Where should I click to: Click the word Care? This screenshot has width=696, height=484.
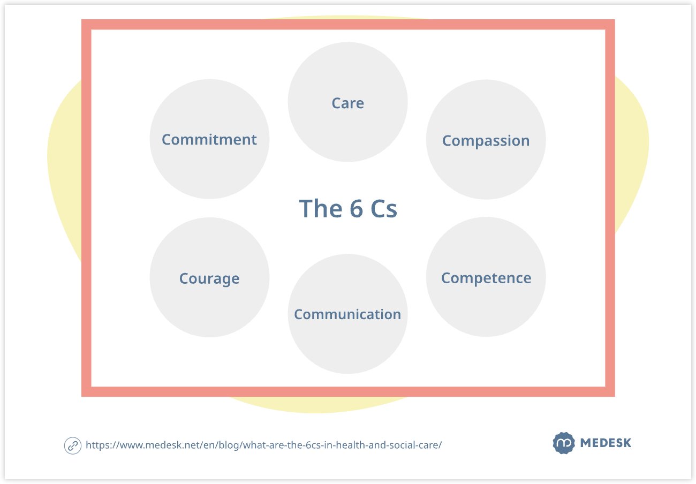[x=347, y=103]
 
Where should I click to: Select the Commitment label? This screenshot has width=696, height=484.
[x=209, y=140]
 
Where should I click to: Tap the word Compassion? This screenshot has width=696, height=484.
[x=486, y=141]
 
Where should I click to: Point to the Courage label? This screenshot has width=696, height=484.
[x=209, y=278]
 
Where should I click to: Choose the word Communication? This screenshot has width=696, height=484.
[x=347, y=314]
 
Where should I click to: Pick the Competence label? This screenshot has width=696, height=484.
[x=486, y=278]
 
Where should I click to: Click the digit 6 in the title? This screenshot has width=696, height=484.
[x=357, y=208]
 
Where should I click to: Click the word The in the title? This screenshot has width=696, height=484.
[x=321, y=208]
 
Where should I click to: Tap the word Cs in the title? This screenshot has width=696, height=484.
[x=384, y=208]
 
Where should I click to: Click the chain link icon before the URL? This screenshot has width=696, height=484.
[x=73, y=446]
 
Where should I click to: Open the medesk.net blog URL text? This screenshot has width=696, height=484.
[x=263, y=445]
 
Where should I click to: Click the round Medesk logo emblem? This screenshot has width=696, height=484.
[x=564, y=443]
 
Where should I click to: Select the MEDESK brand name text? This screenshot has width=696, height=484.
[x=606, y=443]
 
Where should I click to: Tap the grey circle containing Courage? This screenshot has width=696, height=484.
[x=209, y=311]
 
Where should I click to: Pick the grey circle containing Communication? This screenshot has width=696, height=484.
[x=347, y=345]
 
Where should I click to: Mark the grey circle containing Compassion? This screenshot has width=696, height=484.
[x=486, y=174]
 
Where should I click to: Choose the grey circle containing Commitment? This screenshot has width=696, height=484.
[x=209, y=174]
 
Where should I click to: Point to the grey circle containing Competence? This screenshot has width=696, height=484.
[x=486, y=311]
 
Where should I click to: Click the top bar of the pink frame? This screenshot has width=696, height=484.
[x=348, y=25]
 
